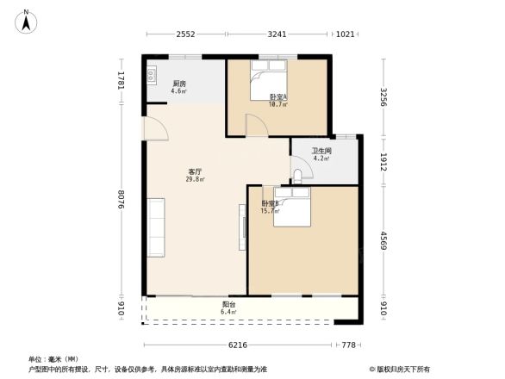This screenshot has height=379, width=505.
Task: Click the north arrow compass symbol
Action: [x=27, y=19]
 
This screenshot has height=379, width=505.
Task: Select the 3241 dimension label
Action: [x=277, y=34]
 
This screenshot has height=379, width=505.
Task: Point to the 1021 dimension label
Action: [x=346, y=34]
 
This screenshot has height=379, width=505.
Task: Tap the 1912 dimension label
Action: [x=384, y=161]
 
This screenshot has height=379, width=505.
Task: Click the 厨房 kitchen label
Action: [x=178, y=84]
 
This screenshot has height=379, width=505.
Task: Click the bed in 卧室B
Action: [x=294, y=211]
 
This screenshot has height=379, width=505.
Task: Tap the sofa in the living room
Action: [x=155, y=227]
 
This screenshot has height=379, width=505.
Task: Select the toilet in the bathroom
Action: [x=298, y=176]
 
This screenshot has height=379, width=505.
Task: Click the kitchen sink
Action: [x=152, y=76]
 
